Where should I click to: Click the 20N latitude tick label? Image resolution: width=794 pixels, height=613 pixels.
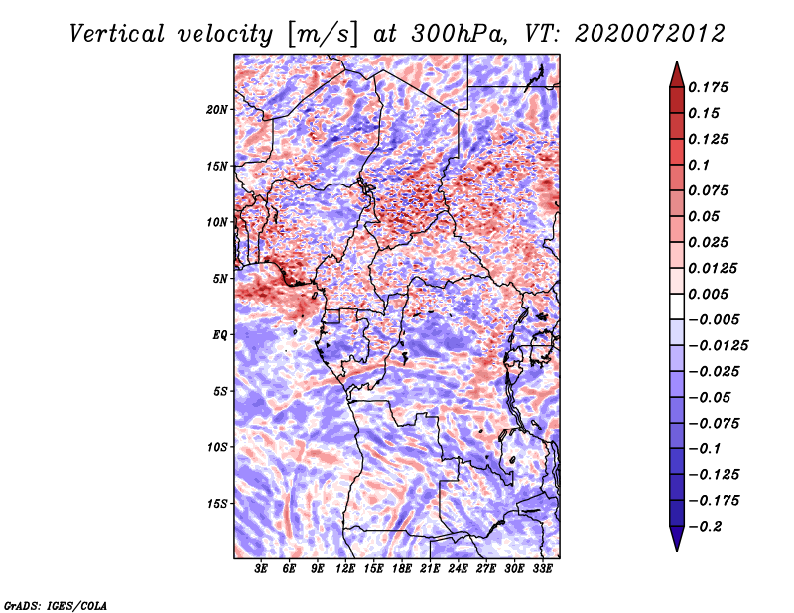217,110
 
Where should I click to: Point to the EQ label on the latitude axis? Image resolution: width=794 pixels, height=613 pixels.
220,335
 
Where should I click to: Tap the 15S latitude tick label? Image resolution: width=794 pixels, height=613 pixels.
217,504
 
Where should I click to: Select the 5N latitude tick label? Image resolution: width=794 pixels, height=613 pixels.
220,279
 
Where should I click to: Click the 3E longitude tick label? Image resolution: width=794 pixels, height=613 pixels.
261,569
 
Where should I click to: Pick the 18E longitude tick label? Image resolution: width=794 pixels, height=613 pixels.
402,569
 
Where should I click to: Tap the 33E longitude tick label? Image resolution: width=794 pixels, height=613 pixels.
542,569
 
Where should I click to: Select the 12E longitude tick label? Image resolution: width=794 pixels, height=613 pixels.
345,569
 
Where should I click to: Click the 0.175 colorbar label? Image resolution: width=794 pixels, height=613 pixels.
708,87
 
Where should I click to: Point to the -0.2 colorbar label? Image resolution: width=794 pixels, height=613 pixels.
705,527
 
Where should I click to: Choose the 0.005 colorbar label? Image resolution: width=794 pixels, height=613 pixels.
708,294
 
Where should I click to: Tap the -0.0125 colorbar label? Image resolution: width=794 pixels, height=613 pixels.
718,346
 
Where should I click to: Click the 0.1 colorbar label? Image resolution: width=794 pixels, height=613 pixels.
699,165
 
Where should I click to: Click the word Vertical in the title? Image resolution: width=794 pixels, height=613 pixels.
117,34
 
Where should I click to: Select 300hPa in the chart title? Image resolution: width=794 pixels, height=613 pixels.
459,34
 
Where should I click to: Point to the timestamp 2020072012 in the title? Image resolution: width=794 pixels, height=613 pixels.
650,34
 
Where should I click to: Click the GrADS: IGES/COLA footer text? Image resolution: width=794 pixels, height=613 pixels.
56,605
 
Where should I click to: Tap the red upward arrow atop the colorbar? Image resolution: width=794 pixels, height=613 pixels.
677,75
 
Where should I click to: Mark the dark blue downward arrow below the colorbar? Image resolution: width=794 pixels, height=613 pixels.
677,538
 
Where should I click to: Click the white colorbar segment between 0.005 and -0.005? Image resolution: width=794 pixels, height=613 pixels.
677,306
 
